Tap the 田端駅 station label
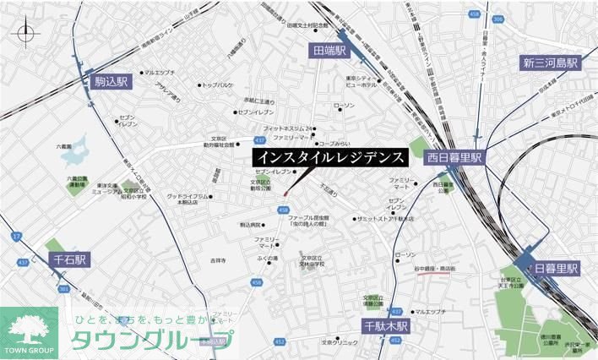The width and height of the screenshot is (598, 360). [329, 52]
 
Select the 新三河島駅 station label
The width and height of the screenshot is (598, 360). [550, 63]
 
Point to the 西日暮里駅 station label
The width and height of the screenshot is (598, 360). [453, 157]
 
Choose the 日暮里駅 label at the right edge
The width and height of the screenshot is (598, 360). [556, 268]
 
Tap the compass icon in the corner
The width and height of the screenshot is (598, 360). [26, 33]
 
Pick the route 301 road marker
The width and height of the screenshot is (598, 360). [63, 289]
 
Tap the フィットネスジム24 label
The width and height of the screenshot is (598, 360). [287, 128]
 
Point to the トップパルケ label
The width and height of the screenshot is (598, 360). [219, 85]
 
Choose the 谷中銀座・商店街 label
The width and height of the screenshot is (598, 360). [435, 268]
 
